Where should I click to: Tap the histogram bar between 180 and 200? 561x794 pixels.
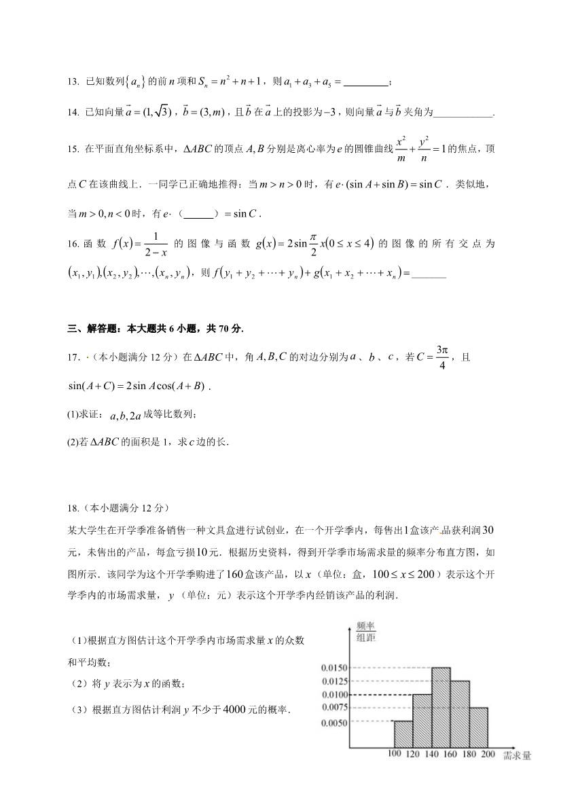(478, 727)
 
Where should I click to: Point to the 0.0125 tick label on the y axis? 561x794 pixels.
(334, 681)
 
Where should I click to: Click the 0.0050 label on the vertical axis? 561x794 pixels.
(334, 722)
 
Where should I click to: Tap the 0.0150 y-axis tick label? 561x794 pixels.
(334, 668)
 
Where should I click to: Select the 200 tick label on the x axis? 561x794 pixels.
(487, 755)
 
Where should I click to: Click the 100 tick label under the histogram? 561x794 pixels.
(394, 755)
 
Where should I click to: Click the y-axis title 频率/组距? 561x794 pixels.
(366, 631)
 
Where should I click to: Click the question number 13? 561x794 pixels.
(73, 83)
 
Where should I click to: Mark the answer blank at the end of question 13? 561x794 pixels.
(366, 84)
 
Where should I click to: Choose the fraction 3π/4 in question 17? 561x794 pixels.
(442, 357)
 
